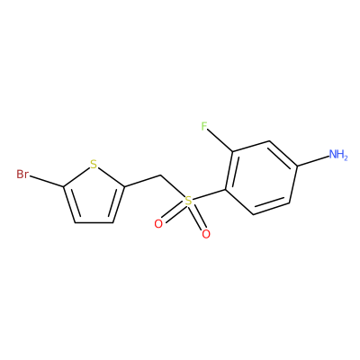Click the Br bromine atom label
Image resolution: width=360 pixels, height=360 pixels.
tap(22, 174)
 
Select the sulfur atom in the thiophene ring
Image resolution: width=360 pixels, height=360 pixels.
tap(94, 165)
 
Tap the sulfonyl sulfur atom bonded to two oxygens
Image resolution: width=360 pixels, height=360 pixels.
tap(188, 201)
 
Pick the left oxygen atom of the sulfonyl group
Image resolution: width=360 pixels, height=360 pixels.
tap(158, 223)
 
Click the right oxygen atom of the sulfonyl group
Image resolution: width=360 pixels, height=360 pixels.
tap(206, 234)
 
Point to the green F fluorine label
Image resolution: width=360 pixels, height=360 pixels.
tap(204, 127)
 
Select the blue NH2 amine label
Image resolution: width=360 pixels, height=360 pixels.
tap(338, 155)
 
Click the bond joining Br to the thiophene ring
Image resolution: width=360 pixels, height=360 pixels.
tap(47, 182)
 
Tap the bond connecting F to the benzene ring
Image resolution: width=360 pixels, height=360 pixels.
tap(220, 141)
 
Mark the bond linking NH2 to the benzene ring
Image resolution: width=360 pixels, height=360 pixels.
tap(313, 160)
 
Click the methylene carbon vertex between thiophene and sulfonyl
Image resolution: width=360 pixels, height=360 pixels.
tap(161, 175)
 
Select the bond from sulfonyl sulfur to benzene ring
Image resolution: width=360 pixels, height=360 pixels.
tap(209, 195)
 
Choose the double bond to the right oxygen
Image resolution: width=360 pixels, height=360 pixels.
tap(197, 217)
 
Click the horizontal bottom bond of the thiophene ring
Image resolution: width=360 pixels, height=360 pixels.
tap(94, 222)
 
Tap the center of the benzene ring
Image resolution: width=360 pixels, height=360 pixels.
tap(261, 177)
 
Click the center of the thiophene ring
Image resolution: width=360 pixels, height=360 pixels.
tap(94, 196)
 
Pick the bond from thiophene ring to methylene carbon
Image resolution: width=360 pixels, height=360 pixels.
tap(142, 181)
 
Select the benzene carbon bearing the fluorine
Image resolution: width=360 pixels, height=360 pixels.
tap(233, 152)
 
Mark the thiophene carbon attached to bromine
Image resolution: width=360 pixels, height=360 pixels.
tap(64, 187)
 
